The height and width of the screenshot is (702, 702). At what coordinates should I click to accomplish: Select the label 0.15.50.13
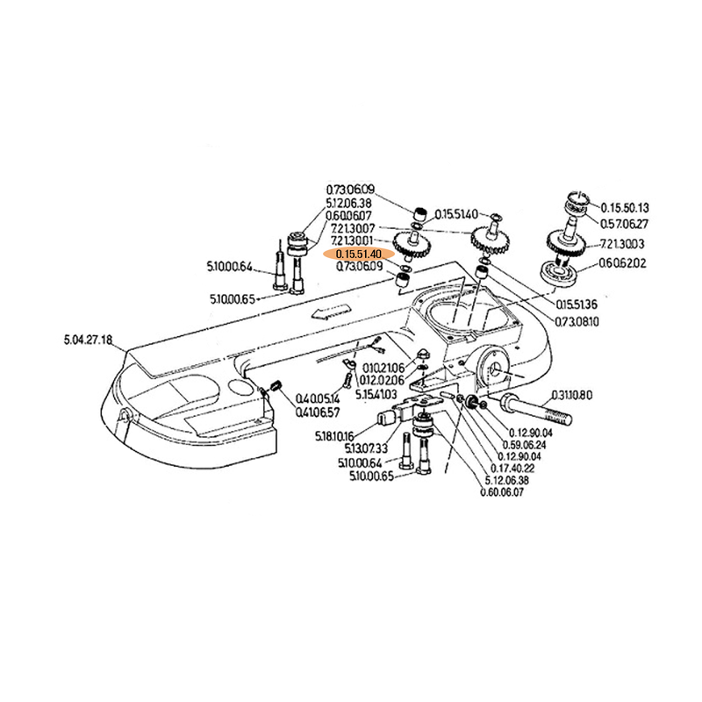[x=624, y=208]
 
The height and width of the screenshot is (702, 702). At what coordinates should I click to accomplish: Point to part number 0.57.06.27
[x=623, y=223]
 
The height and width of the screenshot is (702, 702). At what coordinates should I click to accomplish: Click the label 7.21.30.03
[x=624, y=244]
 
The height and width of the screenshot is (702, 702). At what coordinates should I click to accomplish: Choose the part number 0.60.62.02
[x=623, y=262]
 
